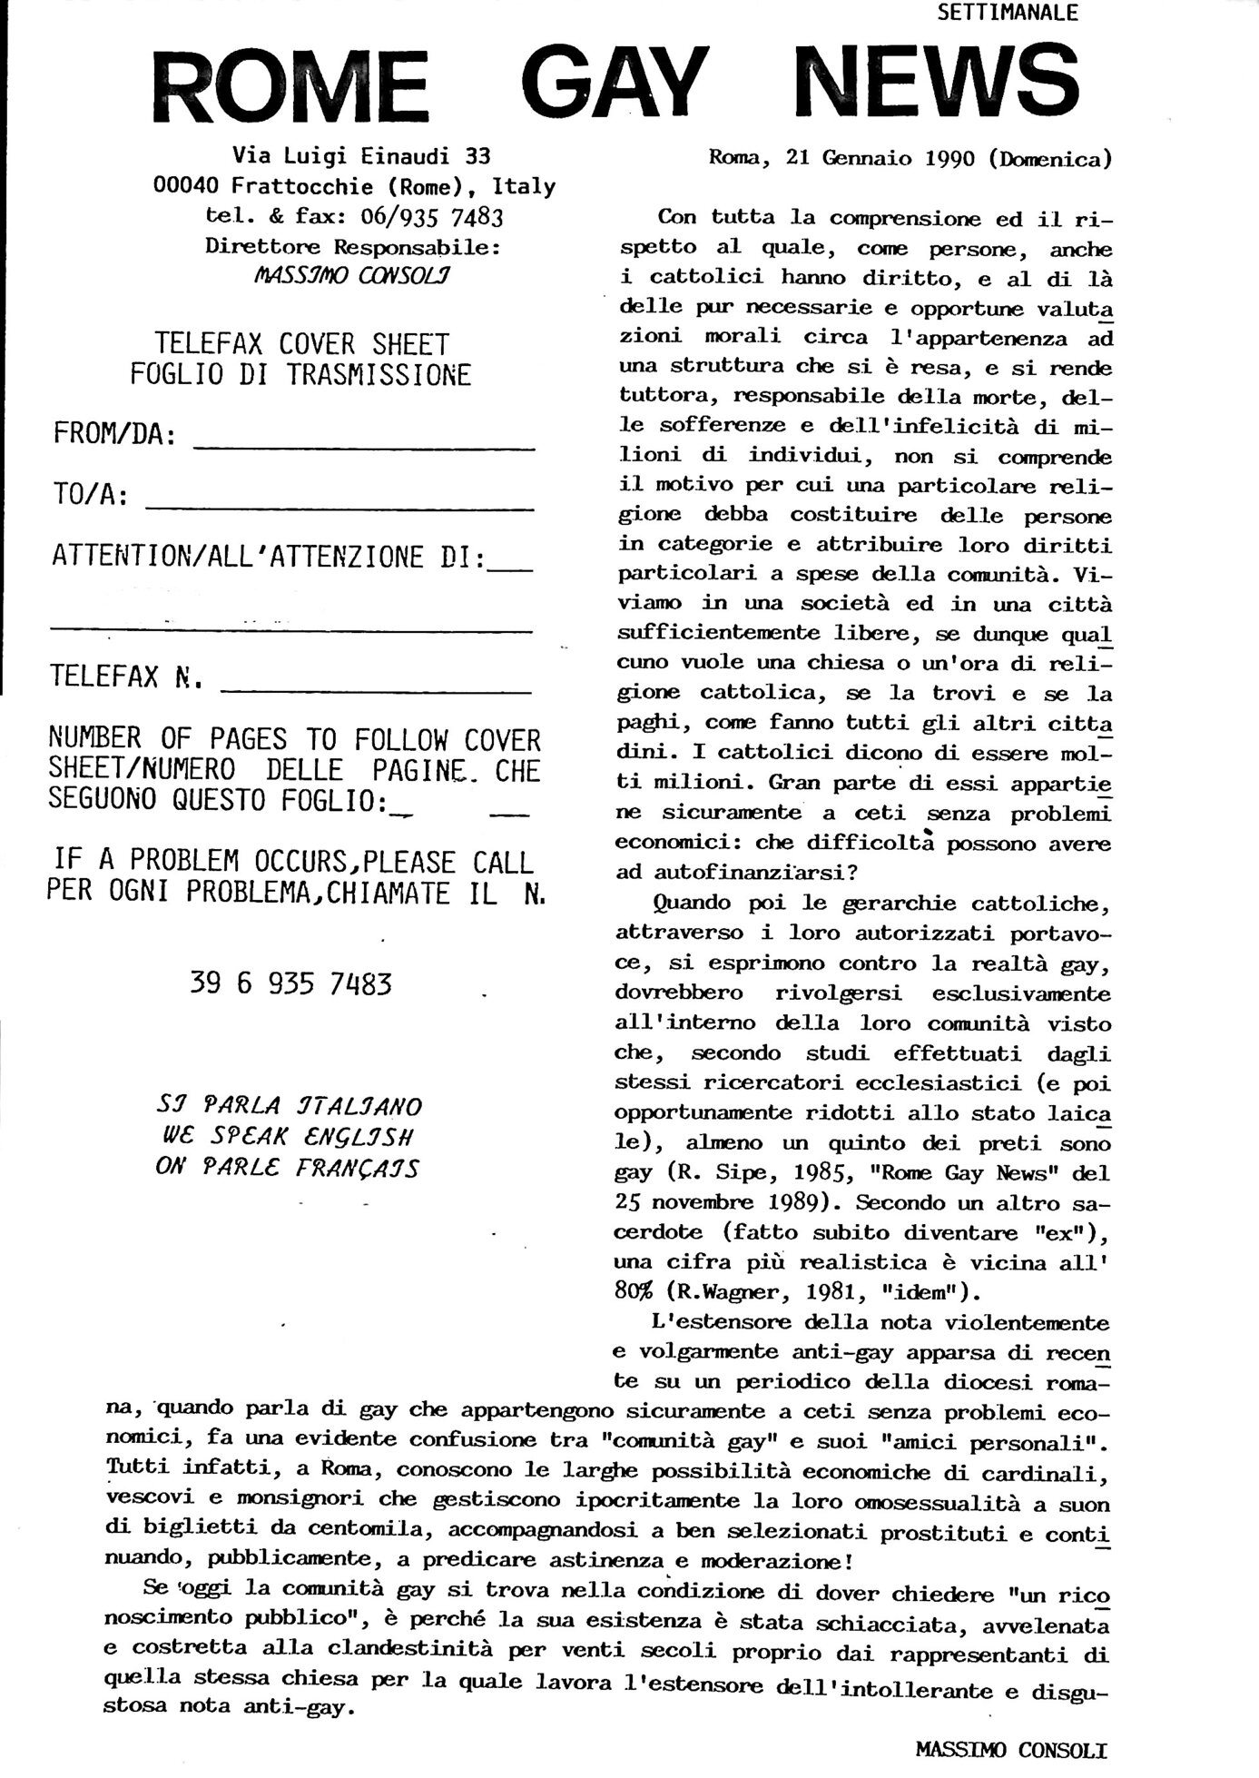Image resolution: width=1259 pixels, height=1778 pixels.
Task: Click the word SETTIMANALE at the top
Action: (x=1007, y=13)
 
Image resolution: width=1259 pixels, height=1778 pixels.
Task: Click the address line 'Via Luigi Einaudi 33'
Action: (x=361, y=155)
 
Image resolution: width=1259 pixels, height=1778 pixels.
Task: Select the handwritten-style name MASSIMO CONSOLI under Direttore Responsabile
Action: (x=354, y=275)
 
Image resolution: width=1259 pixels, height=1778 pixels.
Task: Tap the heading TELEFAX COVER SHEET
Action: (x=301, y=345)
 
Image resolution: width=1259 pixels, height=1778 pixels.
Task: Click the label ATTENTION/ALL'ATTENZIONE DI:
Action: (x=269, y=557)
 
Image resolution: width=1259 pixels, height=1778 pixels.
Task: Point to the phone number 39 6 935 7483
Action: (x=291, y=984)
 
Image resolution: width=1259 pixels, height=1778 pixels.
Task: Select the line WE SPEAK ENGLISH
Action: (x=288, y=1137)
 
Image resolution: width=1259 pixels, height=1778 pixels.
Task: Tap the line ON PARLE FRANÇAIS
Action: (x=288, y=1168)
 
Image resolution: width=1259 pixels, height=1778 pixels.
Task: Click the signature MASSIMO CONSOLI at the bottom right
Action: (x=1011, y=1750)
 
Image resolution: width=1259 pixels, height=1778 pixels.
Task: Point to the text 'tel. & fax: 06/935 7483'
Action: (x=354, y=216)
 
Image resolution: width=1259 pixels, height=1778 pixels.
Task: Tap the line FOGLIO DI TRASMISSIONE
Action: (x=300, y=375)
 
